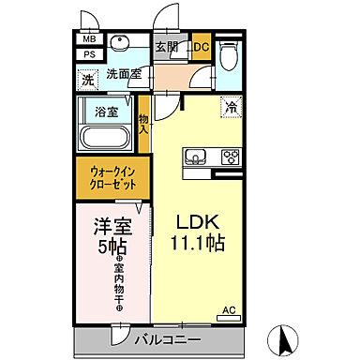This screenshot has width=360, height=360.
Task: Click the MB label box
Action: point(88,39)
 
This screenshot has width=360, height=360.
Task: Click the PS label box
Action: point(88,54)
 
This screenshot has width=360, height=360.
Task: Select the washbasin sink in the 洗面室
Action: point(120,44)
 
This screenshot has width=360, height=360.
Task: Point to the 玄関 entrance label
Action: point(167,47)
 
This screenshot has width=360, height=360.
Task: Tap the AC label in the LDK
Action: point(228,310)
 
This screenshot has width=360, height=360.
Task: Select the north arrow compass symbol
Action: point(284,337)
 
